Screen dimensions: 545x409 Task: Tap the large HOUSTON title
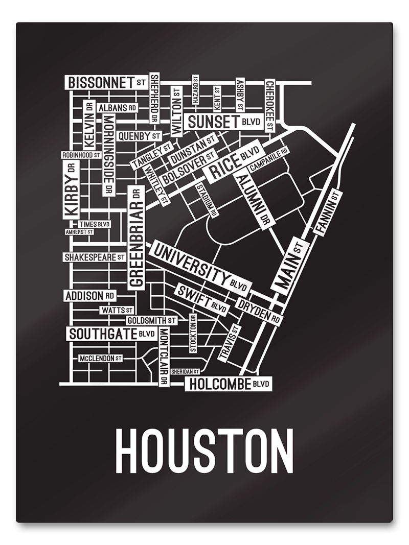pyautogui.click(x=204, y=452)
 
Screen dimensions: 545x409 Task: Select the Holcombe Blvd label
pyautogui.click(x=228, y=384)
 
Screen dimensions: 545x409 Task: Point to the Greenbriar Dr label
pyautogui.click(x=135, y=238)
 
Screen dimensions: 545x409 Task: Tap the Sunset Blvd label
pyautogui.click(x=224, y=122)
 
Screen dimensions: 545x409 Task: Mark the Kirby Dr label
pyautogui.click(x=72, y=189)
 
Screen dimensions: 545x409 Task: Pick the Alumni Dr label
pyautogui.click(x=255, y=199)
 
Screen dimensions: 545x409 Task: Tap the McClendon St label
pyautogui.click(x=100, y=359)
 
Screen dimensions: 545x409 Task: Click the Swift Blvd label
pyautogui.click(x=201, y=299)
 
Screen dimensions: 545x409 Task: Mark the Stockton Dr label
pyautogui.click(x=193, y=334)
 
